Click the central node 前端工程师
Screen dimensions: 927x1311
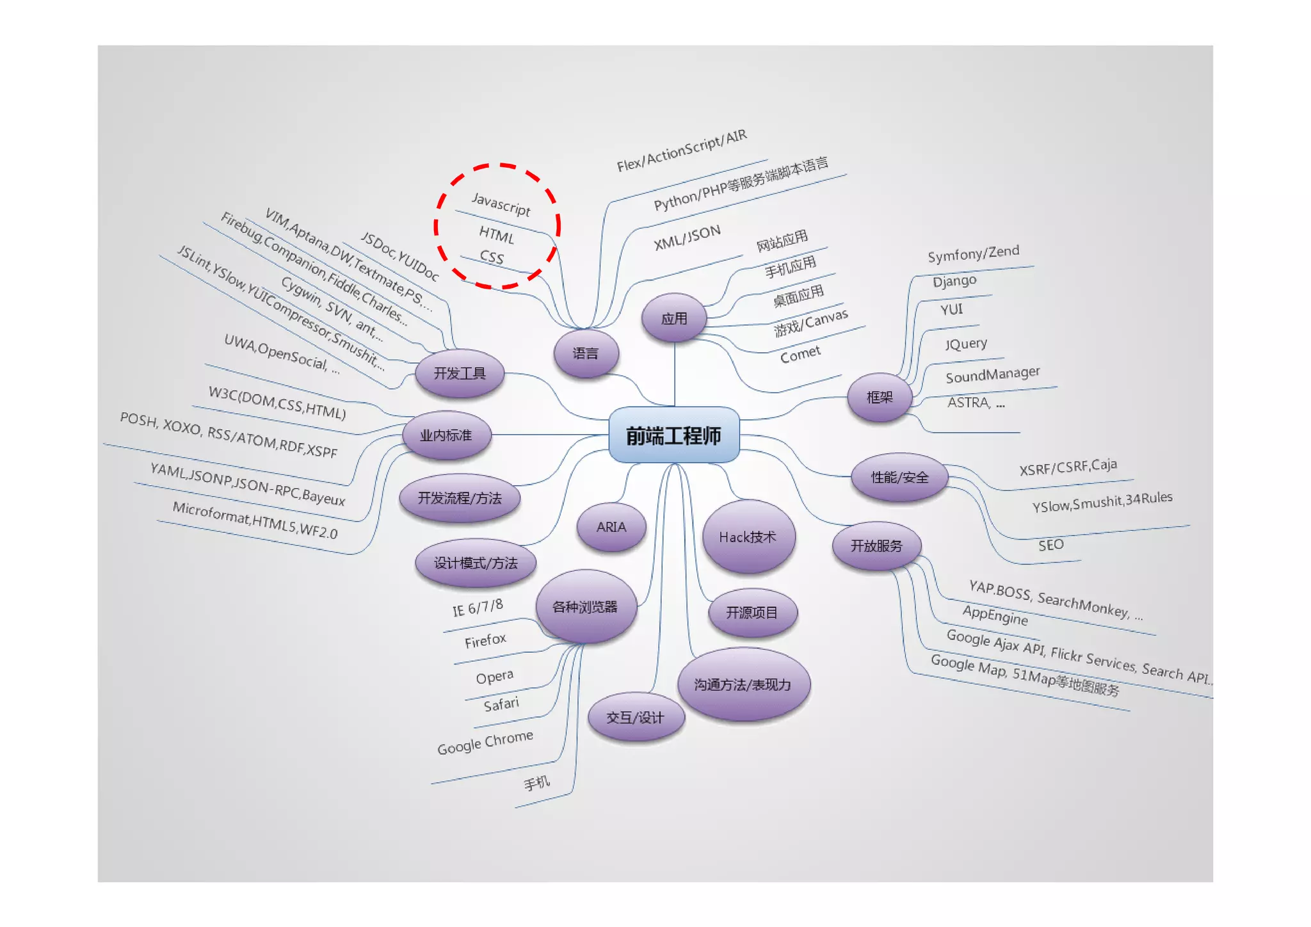pos(673,435)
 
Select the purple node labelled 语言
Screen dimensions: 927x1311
pos(586,353)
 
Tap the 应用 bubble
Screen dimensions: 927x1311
pos(674,318)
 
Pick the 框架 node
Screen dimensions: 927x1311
pos(880,398)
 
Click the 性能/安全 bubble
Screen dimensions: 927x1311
pos(899,477)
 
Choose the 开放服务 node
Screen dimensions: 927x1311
pos(876,546)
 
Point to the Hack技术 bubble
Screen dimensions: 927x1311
pos(748,537)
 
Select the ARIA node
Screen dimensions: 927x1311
pos(611,527)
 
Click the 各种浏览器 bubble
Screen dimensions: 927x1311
pos(585,607)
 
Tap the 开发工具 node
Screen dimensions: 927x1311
pos(460,373)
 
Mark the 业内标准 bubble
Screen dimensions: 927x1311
pos(446,435)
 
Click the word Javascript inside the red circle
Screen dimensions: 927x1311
pos(501,204)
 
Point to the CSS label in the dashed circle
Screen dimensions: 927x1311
pos(492,257)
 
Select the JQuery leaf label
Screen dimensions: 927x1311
pos(966,344)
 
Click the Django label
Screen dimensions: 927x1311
pos(954,281)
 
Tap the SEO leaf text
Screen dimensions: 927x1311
pos(1051,545)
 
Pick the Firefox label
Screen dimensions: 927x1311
pos(485,640)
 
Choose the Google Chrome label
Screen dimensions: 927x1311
pos(485,742)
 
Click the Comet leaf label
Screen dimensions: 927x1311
pos(800,353)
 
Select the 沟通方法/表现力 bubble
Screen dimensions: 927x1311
pos(743,684)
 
